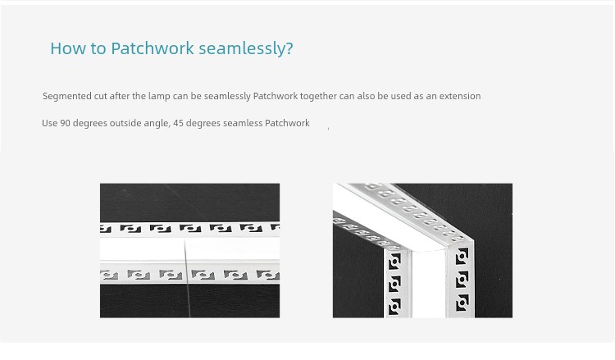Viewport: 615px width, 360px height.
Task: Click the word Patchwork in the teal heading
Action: coord(153,48)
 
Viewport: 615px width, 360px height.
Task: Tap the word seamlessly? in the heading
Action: coord(246,48)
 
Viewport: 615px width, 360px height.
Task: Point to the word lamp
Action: coord(159,96)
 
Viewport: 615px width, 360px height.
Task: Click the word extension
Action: coord(460,96)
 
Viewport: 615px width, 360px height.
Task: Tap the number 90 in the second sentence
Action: coord(65,123)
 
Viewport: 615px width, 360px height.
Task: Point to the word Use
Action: coord(50,123)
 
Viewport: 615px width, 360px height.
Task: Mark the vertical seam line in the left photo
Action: coord(187,278)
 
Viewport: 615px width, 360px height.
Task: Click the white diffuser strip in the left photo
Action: coord(190,248)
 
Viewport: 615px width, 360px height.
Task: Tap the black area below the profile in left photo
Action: coord(190,301)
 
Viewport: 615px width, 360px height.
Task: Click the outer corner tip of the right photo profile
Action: coord(472,239)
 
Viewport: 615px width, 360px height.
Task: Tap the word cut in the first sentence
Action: coord(100,97)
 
